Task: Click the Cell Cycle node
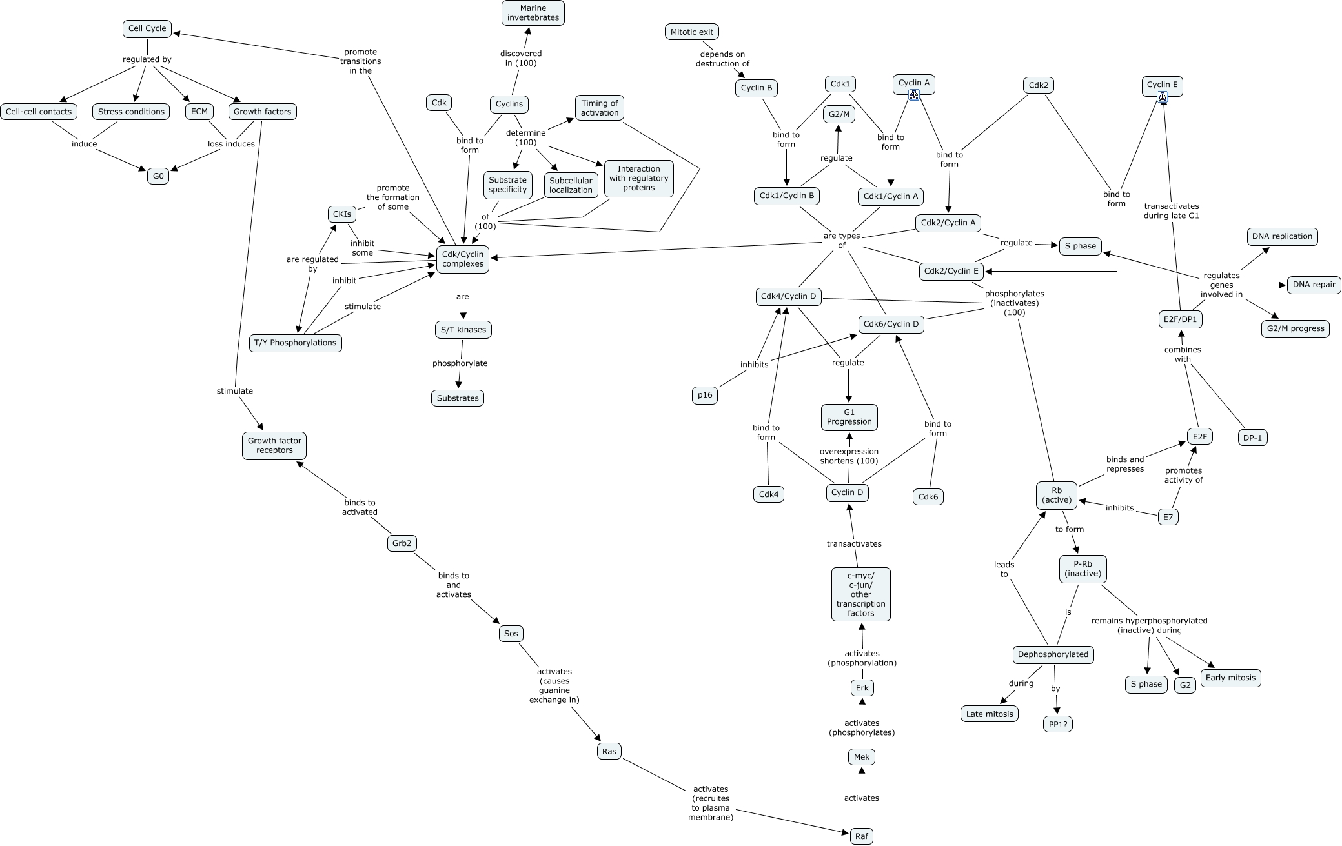pyautogui.click(x=147, y=28)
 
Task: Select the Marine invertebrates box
pyautogui.click(x=533, y=13)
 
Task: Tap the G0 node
pyautogui.click(x=158, y=176)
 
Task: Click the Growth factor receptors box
pyautogui.click(x=274, y=446)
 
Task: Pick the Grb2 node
pyautogui.click(x=402, y=543)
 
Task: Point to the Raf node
pyautogui.click(x=861, y=836)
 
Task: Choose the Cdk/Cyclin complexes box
pyautogui.click(x=462, y=259)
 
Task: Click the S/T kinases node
pyautogui.click(x=463, y=330)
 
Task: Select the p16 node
pyautogui.click(x=705, y=396)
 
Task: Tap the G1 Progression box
pyautogui.click(x=849, y=417)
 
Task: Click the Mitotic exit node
pyautogui.click(x=691, y=32)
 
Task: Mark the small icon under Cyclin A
pyautogui.click(x=914, y=95)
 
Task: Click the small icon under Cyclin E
pyautogui.click(x=1163, y=97)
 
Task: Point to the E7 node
pyautogui.click(x=1168, y=517)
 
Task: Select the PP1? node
pyautogui.click(x=1057, y=725)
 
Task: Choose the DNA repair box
pyautogui.click(x=1314, y=285)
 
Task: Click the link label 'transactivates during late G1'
pyautogui.click(x=1171, y=211)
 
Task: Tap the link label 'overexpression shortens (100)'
pyautogui.click(x=849, y=456)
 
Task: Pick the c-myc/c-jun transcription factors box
pyautogui.click(x=860, y=594)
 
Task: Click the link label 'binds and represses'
pyautogui.click(x=1125, y=464)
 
